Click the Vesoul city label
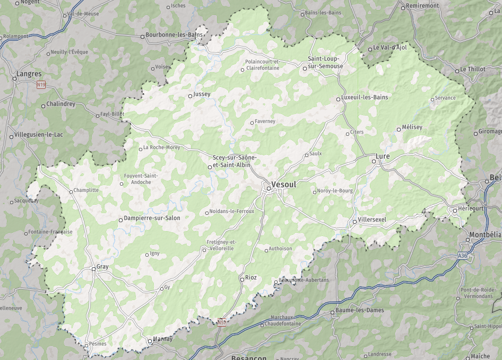coord(283,185)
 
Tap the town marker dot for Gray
coord(93,269)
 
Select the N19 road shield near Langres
coord(41,84)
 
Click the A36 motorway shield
coord(463,256)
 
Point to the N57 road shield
coord(222,322)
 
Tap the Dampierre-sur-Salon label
coord(152,218)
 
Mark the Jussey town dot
coord(191,96)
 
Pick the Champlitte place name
coord(86,190)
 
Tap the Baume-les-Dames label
coord(359,310)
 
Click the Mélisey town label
coord(412,127)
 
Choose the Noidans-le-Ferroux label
coord(232,211)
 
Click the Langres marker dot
coord(15,79)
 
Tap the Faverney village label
coord(265,121)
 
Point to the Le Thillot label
coord(472,69)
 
